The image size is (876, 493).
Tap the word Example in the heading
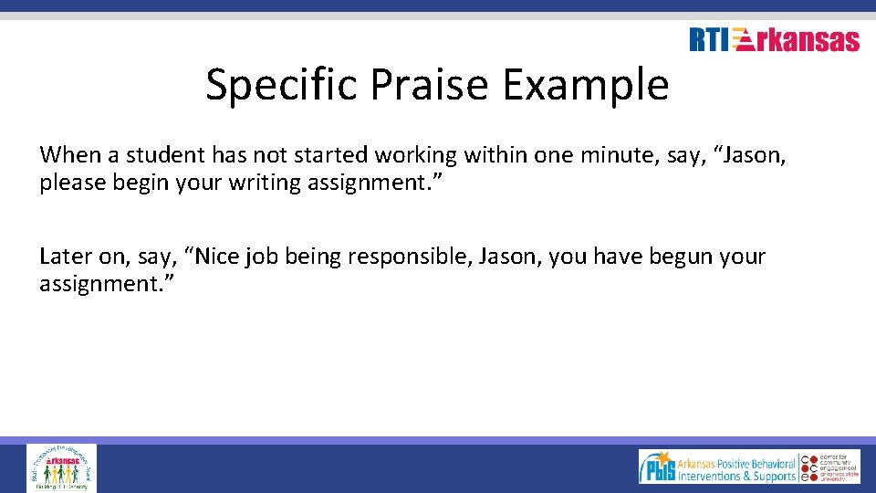pyautogui.click(x=586, y=85)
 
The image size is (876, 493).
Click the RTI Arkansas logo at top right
pyautogui.click(x=774, y=40)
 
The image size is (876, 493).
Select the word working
pyautogui.click(x=416, y=154)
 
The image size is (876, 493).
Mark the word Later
pyautogui.click(x=64, y=257)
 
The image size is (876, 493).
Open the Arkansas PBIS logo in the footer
pyautogui.click(x=718, y=467)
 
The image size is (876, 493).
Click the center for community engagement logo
pyautogui.click(x=832, y=467)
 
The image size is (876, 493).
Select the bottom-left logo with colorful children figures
pyautogui.click(x=61, y=467)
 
